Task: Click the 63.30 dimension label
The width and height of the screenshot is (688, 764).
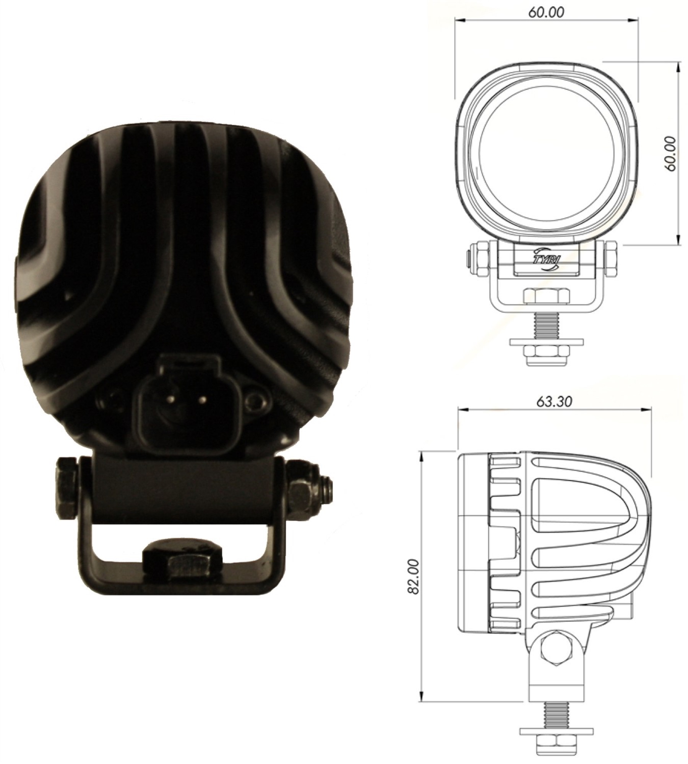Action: (x=554, y=402)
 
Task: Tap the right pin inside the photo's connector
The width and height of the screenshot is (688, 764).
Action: (x=203, y=400)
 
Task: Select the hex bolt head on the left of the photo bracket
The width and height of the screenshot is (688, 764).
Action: (x=67, y=487)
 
